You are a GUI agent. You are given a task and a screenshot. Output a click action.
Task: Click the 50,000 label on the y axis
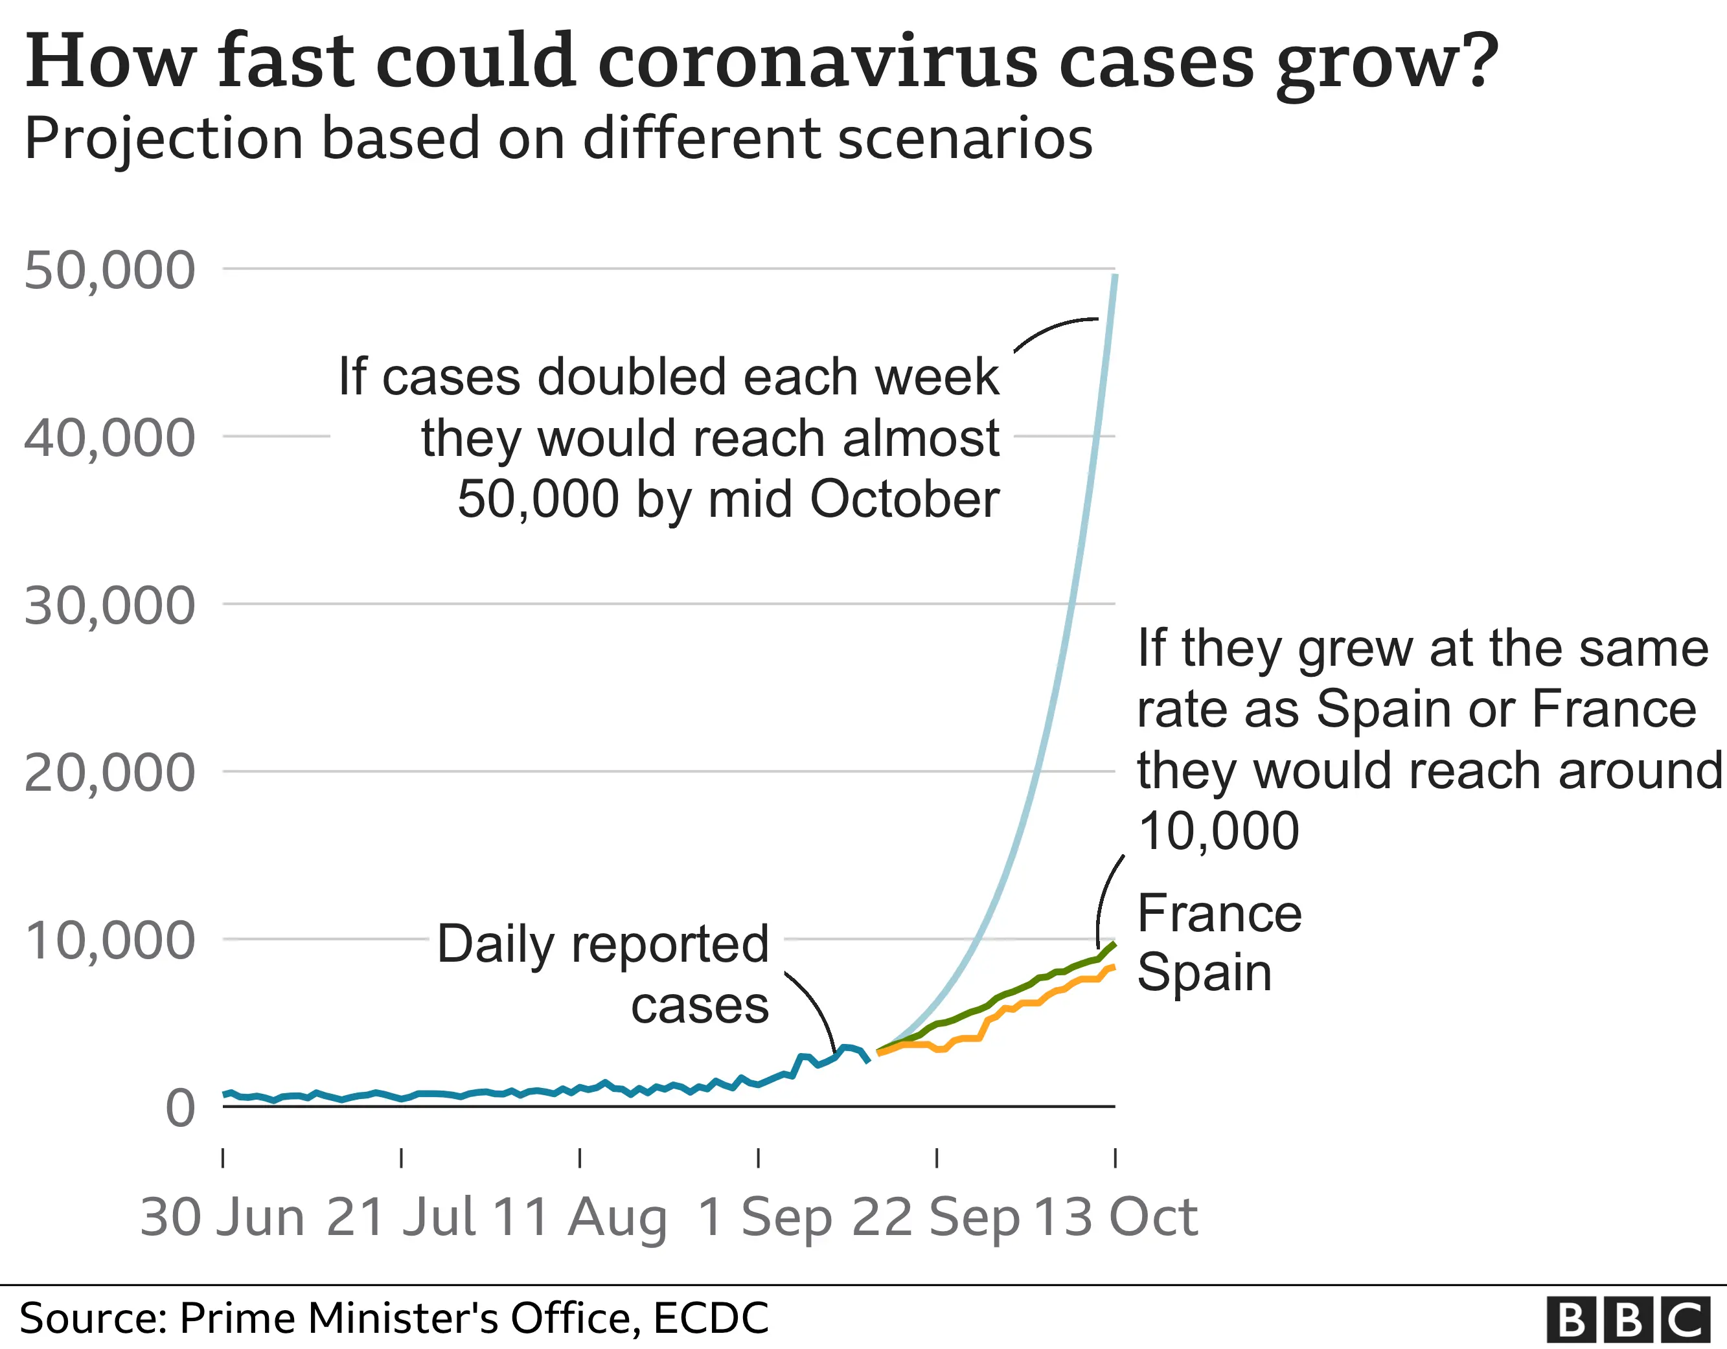[x=109, y=271]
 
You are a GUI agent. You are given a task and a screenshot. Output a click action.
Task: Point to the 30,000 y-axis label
[x=109, y=606]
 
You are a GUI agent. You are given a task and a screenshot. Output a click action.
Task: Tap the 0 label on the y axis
[x=180, y=1108]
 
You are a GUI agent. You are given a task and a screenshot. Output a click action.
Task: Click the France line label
[x=1218, y=913]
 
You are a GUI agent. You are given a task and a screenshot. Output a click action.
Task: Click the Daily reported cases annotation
[x=603, y=974]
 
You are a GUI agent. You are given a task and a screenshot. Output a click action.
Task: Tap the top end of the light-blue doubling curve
[x=1115, y=276]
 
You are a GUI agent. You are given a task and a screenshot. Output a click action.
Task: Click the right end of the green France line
[x=1114, y=944]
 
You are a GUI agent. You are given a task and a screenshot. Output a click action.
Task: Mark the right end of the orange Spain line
[x=1114, y=967]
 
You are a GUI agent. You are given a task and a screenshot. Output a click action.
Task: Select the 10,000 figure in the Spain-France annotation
[x=1218, y=831]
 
